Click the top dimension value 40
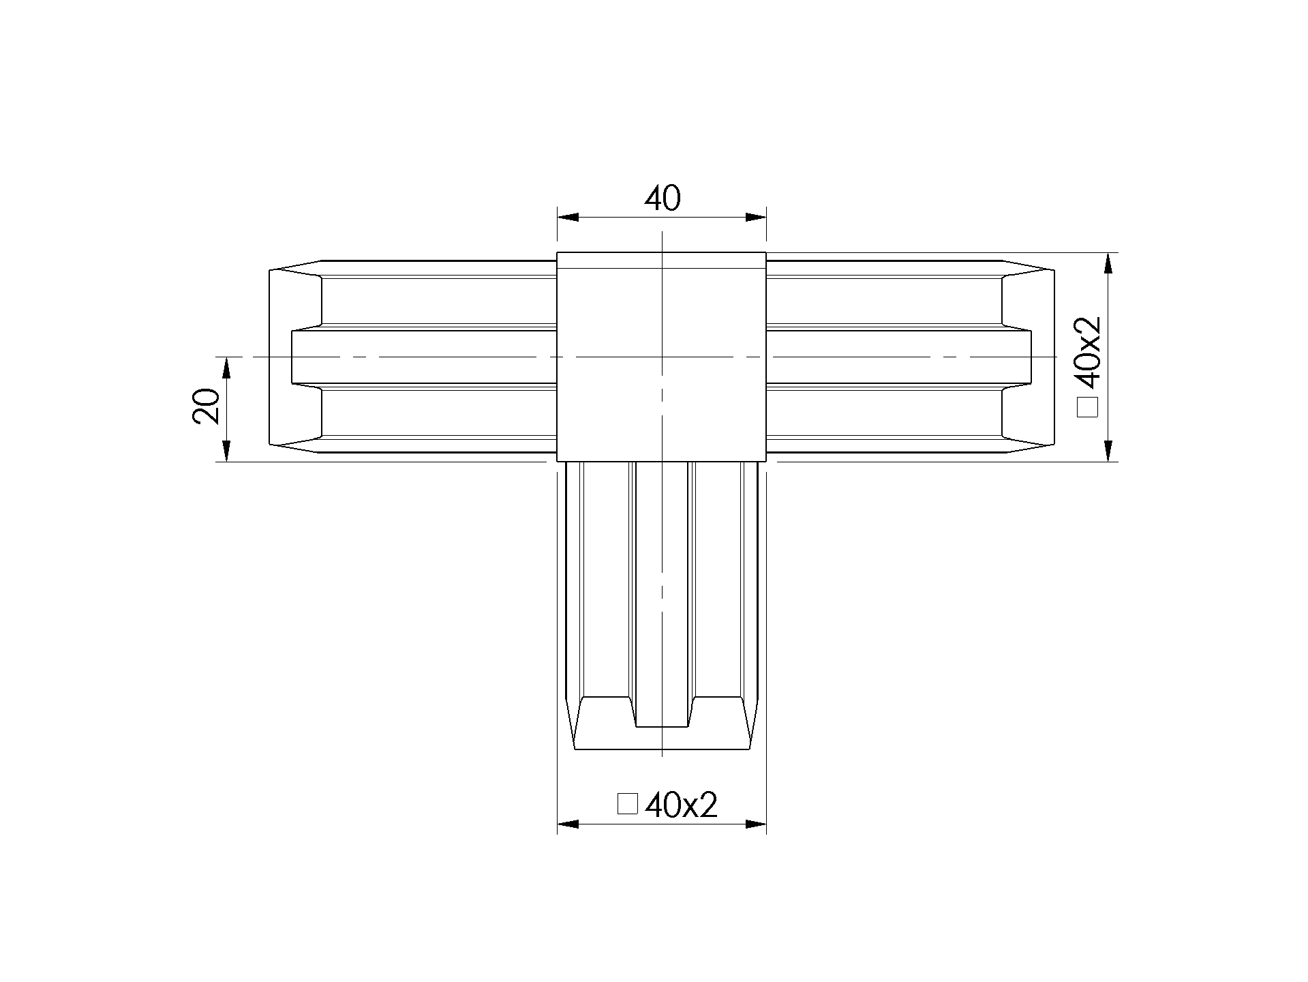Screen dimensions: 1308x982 pyautogui.click(x=662, y=198)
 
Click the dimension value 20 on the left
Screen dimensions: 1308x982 pyautogui.click(x=207, y=407)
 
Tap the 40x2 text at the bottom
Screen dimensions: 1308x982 pyautogui.click(x=681, y=805)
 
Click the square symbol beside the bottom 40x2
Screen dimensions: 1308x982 pyautogui.click(x=627, y=803)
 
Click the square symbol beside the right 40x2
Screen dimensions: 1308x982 pyautogui.click(x=1088, y=406)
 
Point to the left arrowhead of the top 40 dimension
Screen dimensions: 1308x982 pyautogui.click(x=568, y=218)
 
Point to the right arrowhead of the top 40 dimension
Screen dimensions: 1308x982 pyautogui.click(x=756, y=218)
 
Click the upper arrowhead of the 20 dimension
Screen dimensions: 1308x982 pyautogui.click(x=226, y=368)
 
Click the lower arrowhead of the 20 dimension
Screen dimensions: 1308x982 pyautogui.click(x=226, y=451)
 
